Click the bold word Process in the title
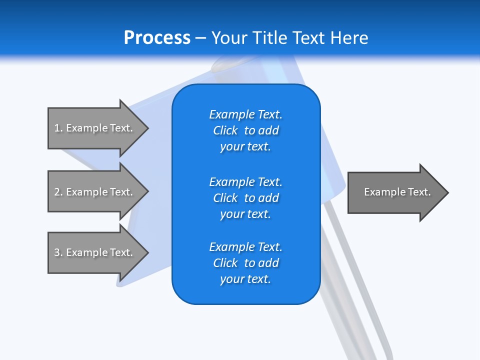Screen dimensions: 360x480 pyautogui.click(x=157, y=38)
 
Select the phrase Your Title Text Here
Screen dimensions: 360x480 pyautogui.click(x=289, y=38)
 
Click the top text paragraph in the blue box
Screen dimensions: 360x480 pyautogui.click(x=245, y=130)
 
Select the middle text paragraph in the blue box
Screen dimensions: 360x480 pyautogui.click(x=245, y=198)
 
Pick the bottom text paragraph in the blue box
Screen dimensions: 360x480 pyautogui.click(x=245, y=263)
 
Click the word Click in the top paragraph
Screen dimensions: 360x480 pyautogui.click(x=225, y=130)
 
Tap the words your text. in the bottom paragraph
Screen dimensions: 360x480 pyautogui.click(x=245, y=279)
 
